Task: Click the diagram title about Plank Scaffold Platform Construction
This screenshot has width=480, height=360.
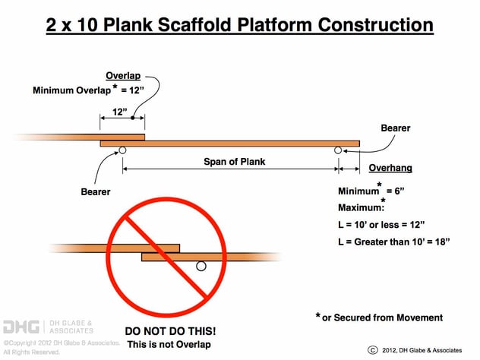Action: click(x=240, y=24)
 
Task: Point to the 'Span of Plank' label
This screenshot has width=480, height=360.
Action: click(x=234, y=162)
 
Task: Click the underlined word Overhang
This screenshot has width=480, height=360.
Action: click(x=390, y=168)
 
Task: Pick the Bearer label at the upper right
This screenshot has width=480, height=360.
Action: click(x=395, y=128)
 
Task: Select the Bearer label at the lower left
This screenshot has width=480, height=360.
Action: click(x=96, y=192)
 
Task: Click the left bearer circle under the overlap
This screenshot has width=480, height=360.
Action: click(x=122, y=150)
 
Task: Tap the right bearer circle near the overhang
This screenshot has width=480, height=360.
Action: click(x=338, y=150)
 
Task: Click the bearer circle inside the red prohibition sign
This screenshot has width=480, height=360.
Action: click(x=201, y=266)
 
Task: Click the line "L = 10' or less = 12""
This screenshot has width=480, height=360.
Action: click(x=381, y=225)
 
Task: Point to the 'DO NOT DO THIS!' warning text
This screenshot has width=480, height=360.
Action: click(x=169, y=332)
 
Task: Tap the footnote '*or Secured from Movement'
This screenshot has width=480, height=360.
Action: click(x=379, y=317)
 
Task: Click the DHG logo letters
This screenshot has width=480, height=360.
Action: click(x=20, y=327)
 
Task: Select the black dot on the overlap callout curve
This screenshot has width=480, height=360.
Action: click(x=133, y=118)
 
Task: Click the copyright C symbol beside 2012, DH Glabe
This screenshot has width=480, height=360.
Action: click(x=372, y=349)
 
